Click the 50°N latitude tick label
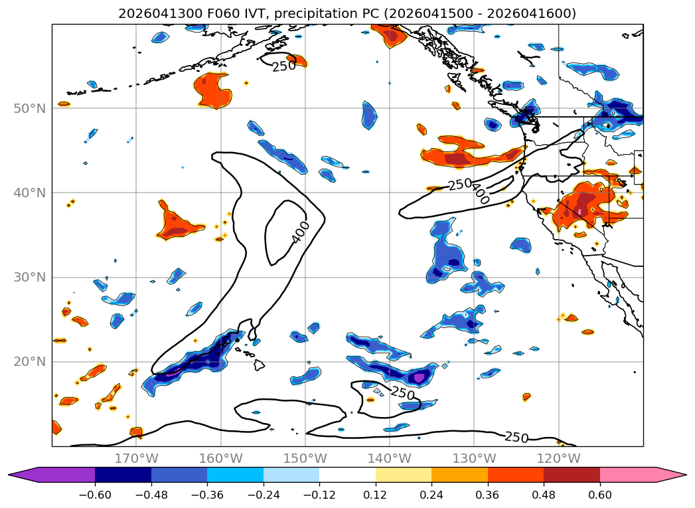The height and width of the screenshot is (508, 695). point(29,108)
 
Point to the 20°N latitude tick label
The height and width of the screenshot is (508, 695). point(29,362)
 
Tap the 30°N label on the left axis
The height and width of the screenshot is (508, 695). point(29,277)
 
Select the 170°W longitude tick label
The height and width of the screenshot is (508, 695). point(137,458)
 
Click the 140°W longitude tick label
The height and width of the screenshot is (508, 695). point(390,458)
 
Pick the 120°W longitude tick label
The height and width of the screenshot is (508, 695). point(558,458)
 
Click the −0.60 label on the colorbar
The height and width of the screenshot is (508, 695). point(95,495)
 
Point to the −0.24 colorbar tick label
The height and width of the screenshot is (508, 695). point(264,495)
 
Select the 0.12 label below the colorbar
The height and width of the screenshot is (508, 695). point(376,495)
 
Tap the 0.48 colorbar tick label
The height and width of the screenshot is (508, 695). point(544,495)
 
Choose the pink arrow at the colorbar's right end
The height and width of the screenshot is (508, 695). point(643,475)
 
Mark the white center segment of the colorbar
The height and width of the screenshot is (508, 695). point(348,475)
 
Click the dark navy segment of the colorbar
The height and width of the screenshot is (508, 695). point(123,475)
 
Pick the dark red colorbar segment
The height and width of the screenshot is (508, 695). point(572,475)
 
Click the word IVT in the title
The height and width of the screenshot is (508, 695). point(256,14)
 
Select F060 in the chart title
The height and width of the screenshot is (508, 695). point(222,14)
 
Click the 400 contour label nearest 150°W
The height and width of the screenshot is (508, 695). point(301,232)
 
